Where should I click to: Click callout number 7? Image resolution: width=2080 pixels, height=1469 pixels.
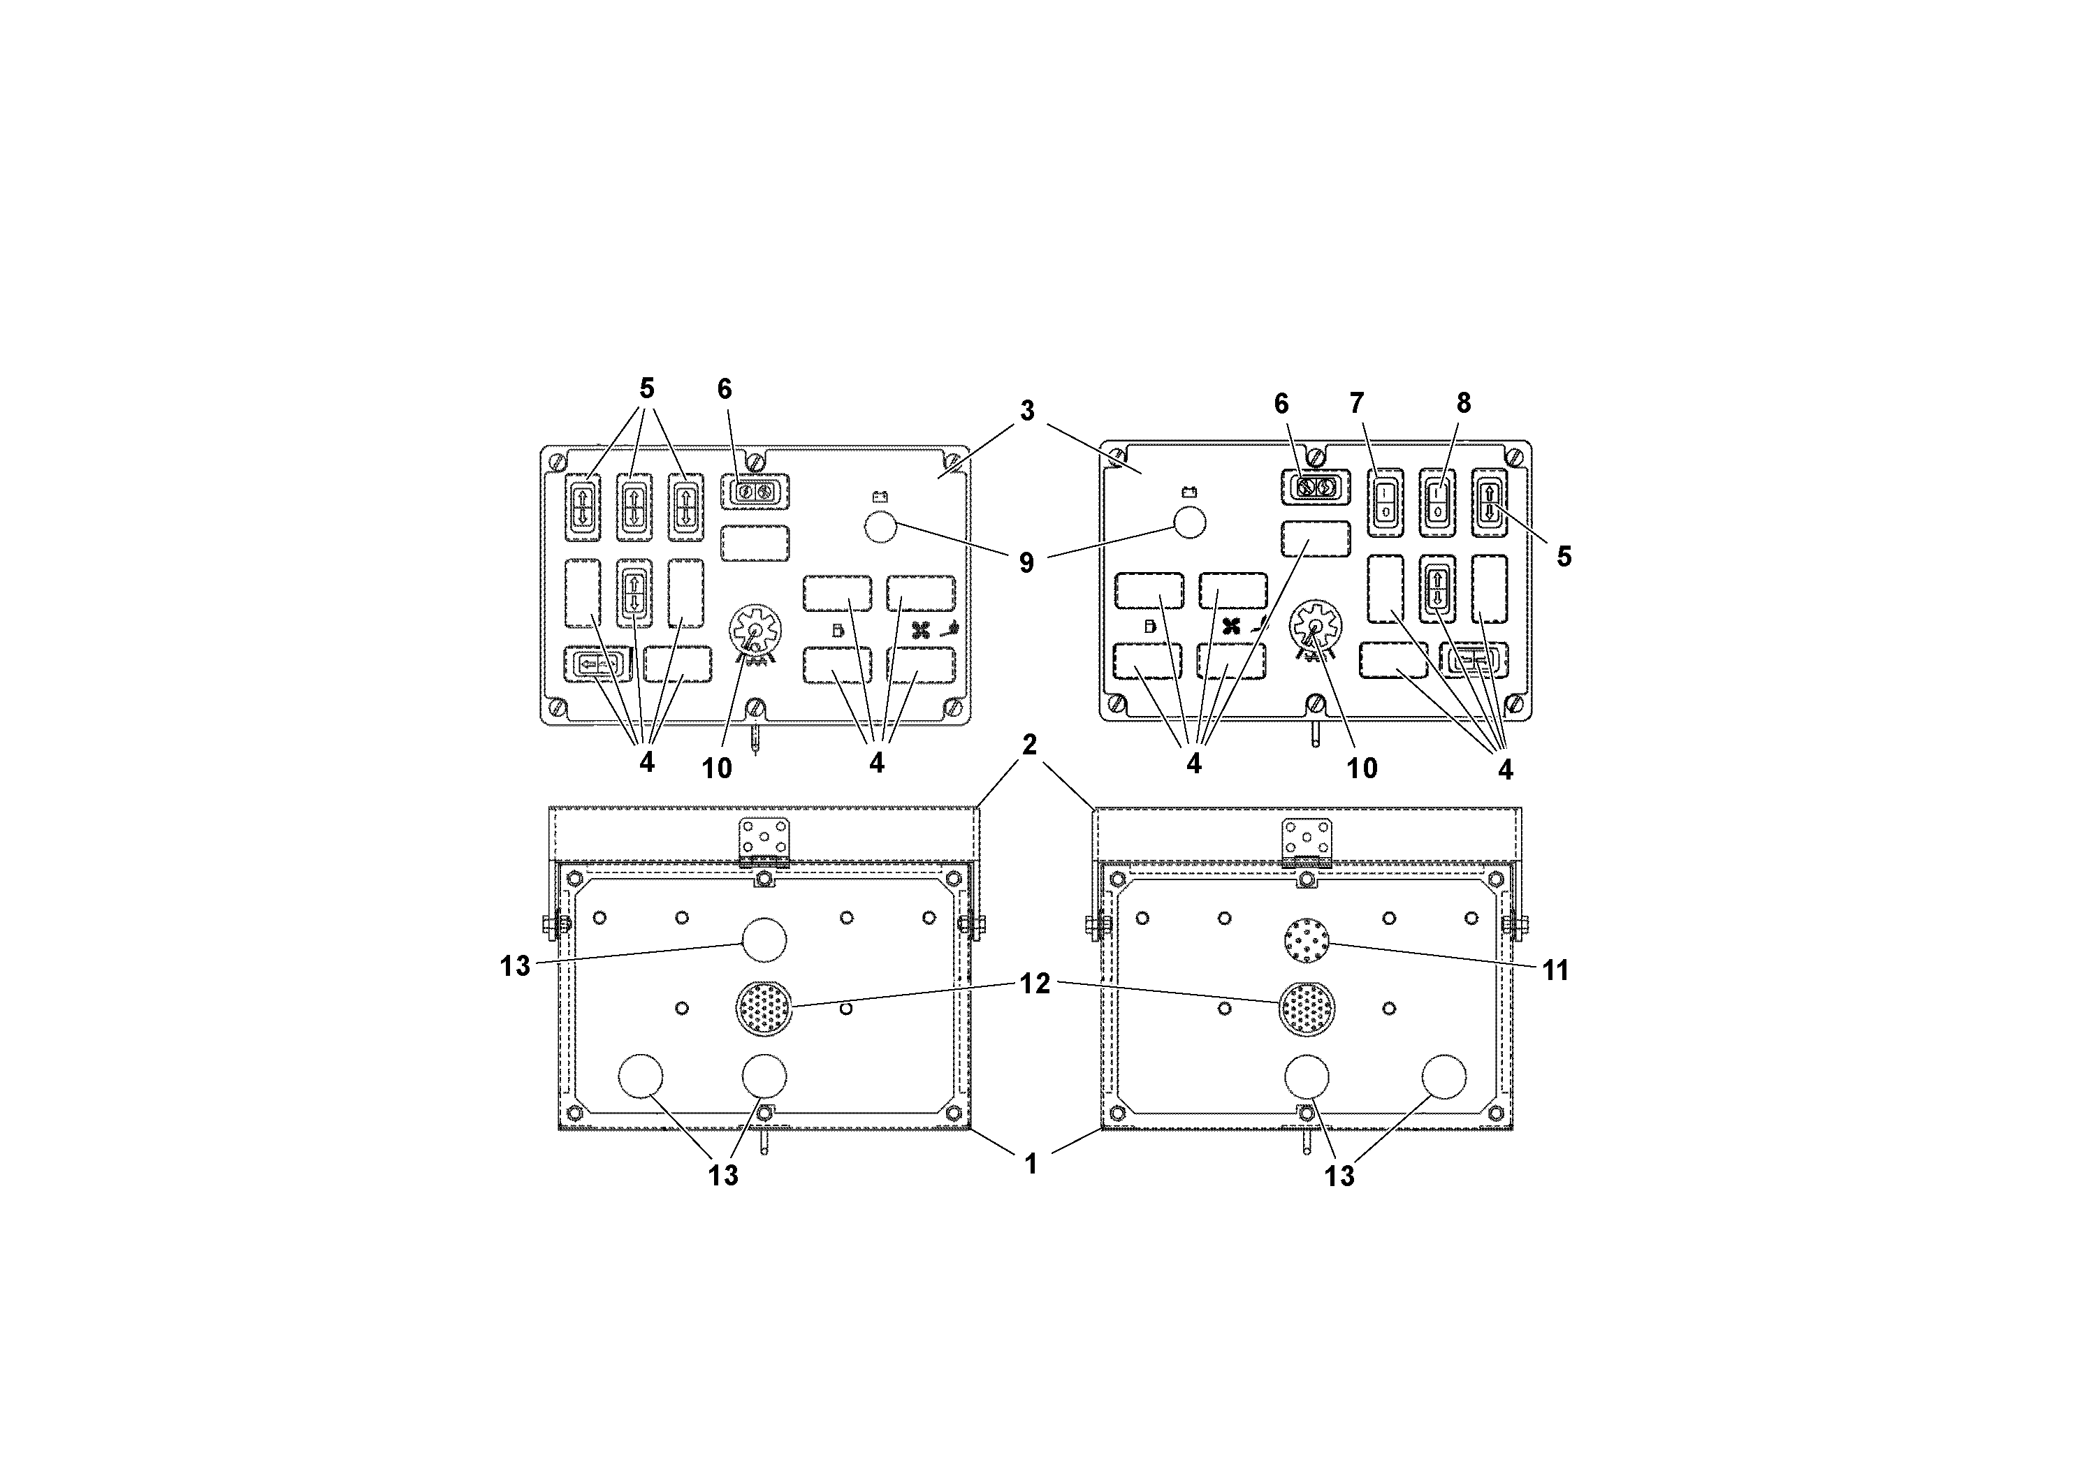pos(1356,403)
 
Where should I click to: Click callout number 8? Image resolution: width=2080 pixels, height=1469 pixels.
pos(1463,403)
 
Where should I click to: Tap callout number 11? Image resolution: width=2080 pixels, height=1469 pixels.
pos(1555,971)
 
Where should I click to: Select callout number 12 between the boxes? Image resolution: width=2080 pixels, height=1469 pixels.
pos(1035,984)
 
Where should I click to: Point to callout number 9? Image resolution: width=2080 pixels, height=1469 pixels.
pos(1026,562)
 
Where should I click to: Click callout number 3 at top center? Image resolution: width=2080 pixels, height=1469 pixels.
pos(1026,411)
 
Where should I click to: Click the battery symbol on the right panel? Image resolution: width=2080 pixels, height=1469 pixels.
pos(1189,492)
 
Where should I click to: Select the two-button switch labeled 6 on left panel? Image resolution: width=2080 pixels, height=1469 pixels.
pos(755,492)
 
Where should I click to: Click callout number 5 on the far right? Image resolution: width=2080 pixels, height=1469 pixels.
pos(1564,557)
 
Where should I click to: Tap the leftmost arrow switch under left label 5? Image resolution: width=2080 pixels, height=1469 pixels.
pos(583,507)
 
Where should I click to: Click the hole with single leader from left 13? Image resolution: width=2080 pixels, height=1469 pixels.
pos(764,941)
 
